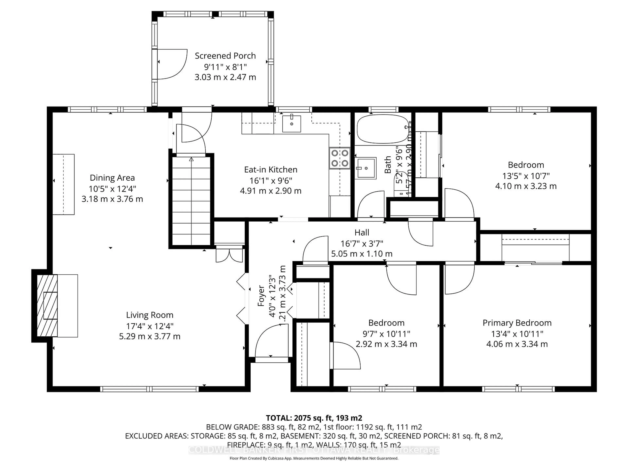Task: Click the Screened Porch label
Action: click(x=225, y=56)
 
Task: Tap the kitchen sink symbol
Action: click(x=292, y=124)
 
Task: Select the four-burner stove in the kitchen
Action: click(x=340, y=158)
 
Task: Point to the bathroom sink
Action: click(x=366, y=168)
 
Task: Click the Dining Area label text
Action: click(x=112, y=178)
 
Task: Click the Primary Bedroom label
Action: click(x=517, y=323)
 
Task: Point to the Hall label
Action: click(x=362, y=233)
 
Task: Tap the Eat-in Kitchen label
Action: click(x=270, y=169)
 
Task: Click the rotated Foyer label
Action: click(x=261, y=296)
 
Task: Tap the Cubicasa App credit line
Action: click(x=314, y=458)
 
